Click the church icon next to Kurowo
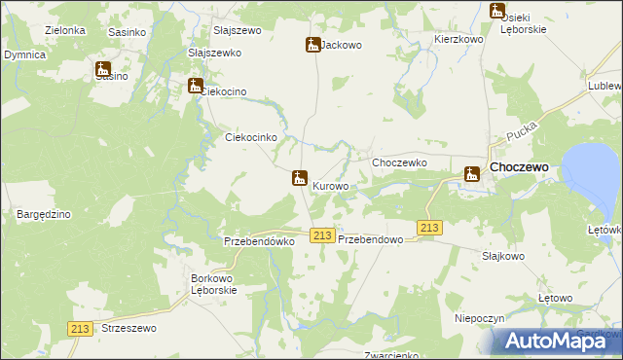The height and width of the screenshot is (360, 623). pyautogui.click(x=300, y=179)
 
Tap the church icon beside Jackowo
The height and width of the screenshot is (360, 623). pyautogui.click(x=312, y=45)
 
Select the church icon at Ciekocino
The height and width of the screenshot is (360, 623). pyautogui.click(x=196, y=87)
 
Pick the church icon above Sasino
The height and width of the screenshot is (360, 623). pyautogui.click(x=103, y=70)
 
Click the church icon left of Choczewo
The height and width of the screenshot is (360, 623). pyautogui.click(x=472, y=175)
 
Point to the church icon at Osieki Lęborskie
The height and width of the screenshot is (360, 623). pyautogui.click(x=497, y=12)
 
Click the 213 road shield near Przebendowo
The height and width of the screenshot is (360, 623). pyautogui.click(x=324, y=236)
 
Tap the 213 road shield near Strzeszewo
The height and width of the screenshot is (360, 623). pyautogui.click(x=81, y=330)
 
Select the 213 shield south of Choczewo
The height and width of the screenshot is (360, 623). pyautogui.click(x=429, y=228)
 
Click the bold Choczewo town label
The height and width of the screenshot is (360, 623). pyautogui.click(x=520, y=167)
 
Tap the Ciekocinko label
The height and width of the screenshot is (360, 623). pyautogui.click(x=252, y=138)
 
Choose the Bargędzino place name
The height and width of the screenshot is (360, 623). pyautogui.click(x=41, y=212)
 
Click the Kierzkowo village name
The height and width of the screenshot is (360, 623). pyautogui.click(x=458, y=40)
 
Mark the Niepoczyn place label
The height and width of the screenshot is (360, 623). pyautogui.click(x=479, y=318)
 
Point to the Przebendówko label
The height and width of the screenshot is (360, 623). pyautogui.click(x=259, y=241)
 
